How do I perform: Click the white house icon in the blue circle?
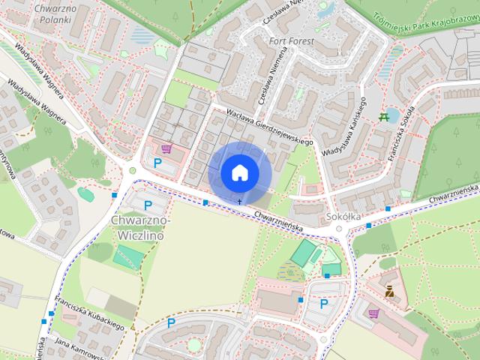[x=239, y=172]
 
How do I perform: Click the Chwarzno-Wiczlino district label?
[x=141, y=227]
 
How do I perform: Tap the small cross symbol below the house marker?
[x=240, y=201]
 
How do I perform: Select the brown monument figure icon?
[x=390, y=291]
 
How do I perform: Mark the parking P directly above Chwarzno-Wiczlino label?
[x=148, y=204]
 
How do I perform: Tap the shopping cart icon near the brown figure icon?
[x=373, y=313]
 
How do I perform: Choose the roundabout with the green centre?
[x=133, y=171]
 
